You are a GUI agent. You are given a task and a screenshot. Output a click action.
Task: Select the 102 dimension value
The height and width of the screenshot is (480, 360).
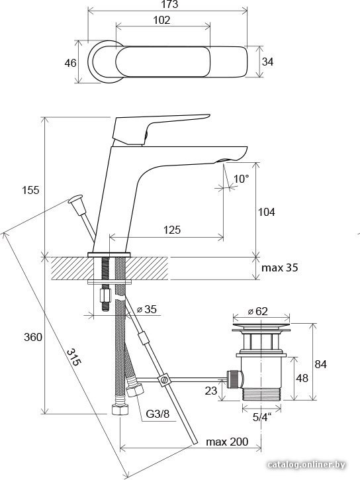coord(161,21)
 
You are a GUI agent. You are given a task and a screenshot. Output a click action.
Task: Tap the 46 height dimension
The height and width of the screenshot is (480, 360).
coord(70,63)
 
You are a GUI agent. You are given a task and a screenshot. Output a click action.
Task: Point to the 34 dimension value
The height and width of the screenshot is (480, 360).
coord(267,62)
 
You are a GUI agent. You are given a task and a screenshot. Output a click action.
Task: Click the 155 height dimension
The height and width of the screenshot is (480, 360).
coord(30,190)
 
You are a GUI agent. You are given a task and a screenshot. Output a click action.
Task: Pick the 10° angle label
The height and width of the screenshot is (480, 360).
coord(242,179)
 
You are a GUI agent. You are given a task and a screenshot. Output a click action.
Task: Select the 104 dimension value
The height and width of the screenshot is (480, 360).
coord(267,212)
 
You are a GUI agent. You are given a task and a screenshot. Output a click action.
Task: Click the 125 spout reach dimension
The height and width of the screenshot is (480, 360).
coord(172,230)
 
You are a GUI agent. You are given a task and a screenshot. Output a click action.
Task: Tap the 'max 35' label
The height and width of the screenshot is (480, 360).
coord(279,267)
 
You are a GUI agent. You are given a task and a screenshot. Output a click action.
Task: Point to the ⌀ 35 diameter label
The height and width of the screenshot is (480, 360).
coord(146,309)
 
